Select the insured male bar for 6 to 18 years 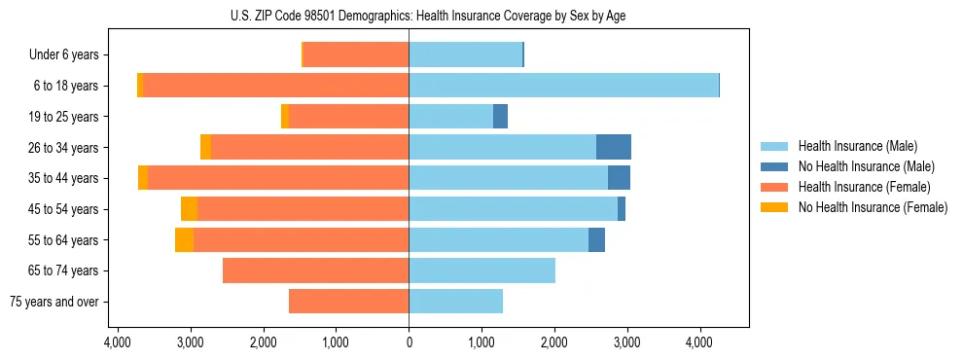pos(563,86)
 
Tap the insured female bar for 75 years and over pos(348,302)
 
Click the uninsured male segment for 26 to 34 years pos(613,147)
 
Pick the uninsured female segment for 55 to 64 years pos(184,239)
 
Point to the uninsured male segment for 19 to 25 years pos(500,117)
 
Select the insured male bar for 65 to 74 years pos(481,270)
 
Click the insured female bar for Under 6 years pos(356,54)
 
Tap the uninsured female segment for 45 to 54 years pos(189,208)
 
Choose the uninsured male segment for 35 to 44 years pos(619,178)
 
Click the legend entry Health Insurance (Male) pos(857,146)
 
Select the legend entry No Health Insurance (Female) pos(873,207)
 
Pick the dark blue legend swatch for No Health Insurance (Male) pos(775,166)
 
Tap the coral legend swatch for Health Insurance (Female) pos(775,187)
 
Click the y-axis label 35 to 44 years pos(65,178)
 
